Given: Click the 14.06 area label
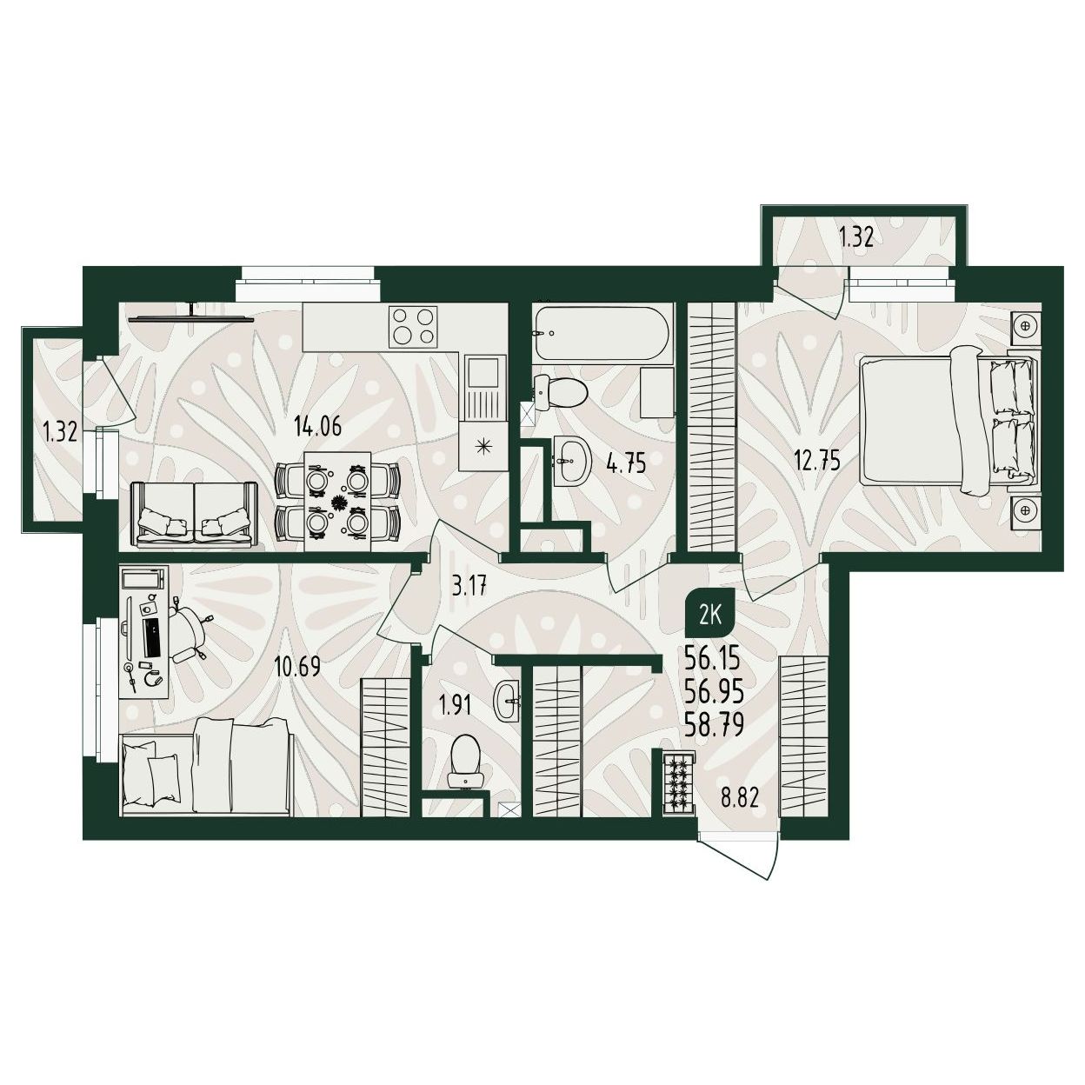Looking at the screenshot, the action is tap(317, 427).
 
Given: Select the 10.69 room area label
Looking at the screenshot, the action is tap(297, 667).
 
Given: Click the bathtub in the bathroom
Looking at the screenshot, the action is tap(603, 333).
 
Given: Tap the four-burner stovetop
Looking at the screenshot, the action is tap(414, 326).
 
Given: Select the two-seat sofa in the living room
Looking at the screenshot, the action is tap(194, 514).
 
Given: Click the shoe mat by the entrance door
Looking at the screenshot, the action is tap(680, 782).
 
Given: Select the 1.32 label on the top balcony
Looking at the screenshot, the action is tap(856, 238).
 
